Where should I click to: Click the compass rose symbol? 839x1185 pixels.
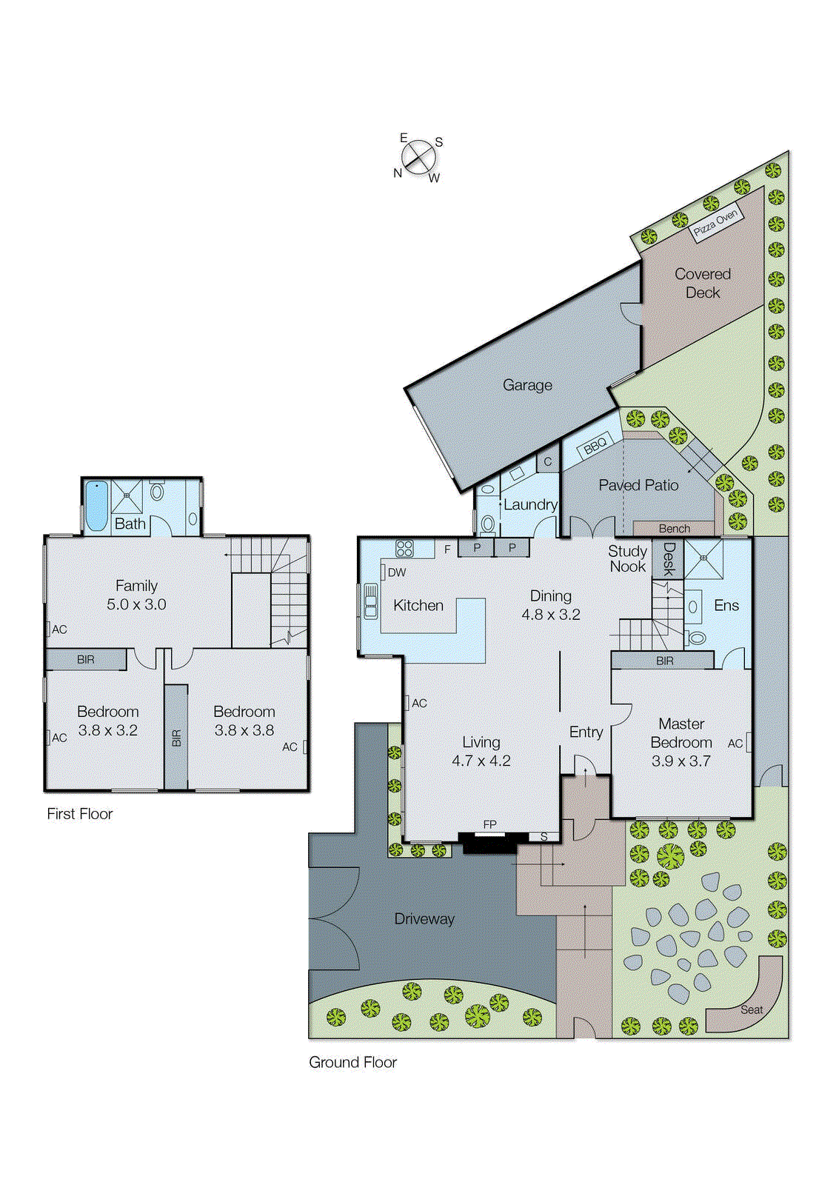[418, 157]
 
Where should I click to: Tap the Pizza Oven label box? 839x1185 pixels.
[715, 221]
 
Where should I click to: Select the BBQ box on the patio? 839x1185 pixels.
[595, 446]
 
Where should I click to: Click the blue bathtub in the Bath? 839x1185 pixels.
[96, 507]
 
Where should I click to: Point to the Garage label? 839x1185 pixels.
[527, 385]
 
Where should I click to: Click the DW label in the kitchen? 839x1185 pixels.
[396, 573]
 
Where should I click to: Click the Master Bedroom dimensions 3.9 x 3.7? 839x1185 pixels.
[681, 761]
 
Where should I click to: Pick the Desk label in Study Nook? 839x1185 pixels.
[669, 559]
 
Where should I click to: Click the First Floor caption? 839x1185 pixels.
[80, 814]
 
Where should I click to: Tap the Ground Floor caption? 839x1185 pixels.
[352, 1062]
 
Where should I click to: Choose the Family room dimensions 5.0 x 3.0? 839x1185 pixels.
[136, 604]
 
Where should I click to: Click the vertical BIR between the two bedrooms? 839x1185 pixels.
[176, 738]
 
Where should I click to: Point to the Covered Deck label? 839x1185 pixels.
[702, 283]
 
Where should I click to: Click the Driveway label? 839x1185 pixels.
[424, 919]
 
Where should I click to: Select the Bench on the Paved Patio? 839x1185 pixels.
[674, 529]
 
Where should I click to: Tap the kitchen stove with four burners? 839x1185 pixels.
[404, 549]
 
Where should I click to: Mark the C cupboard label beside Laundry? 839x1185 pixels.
[548, 462]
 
